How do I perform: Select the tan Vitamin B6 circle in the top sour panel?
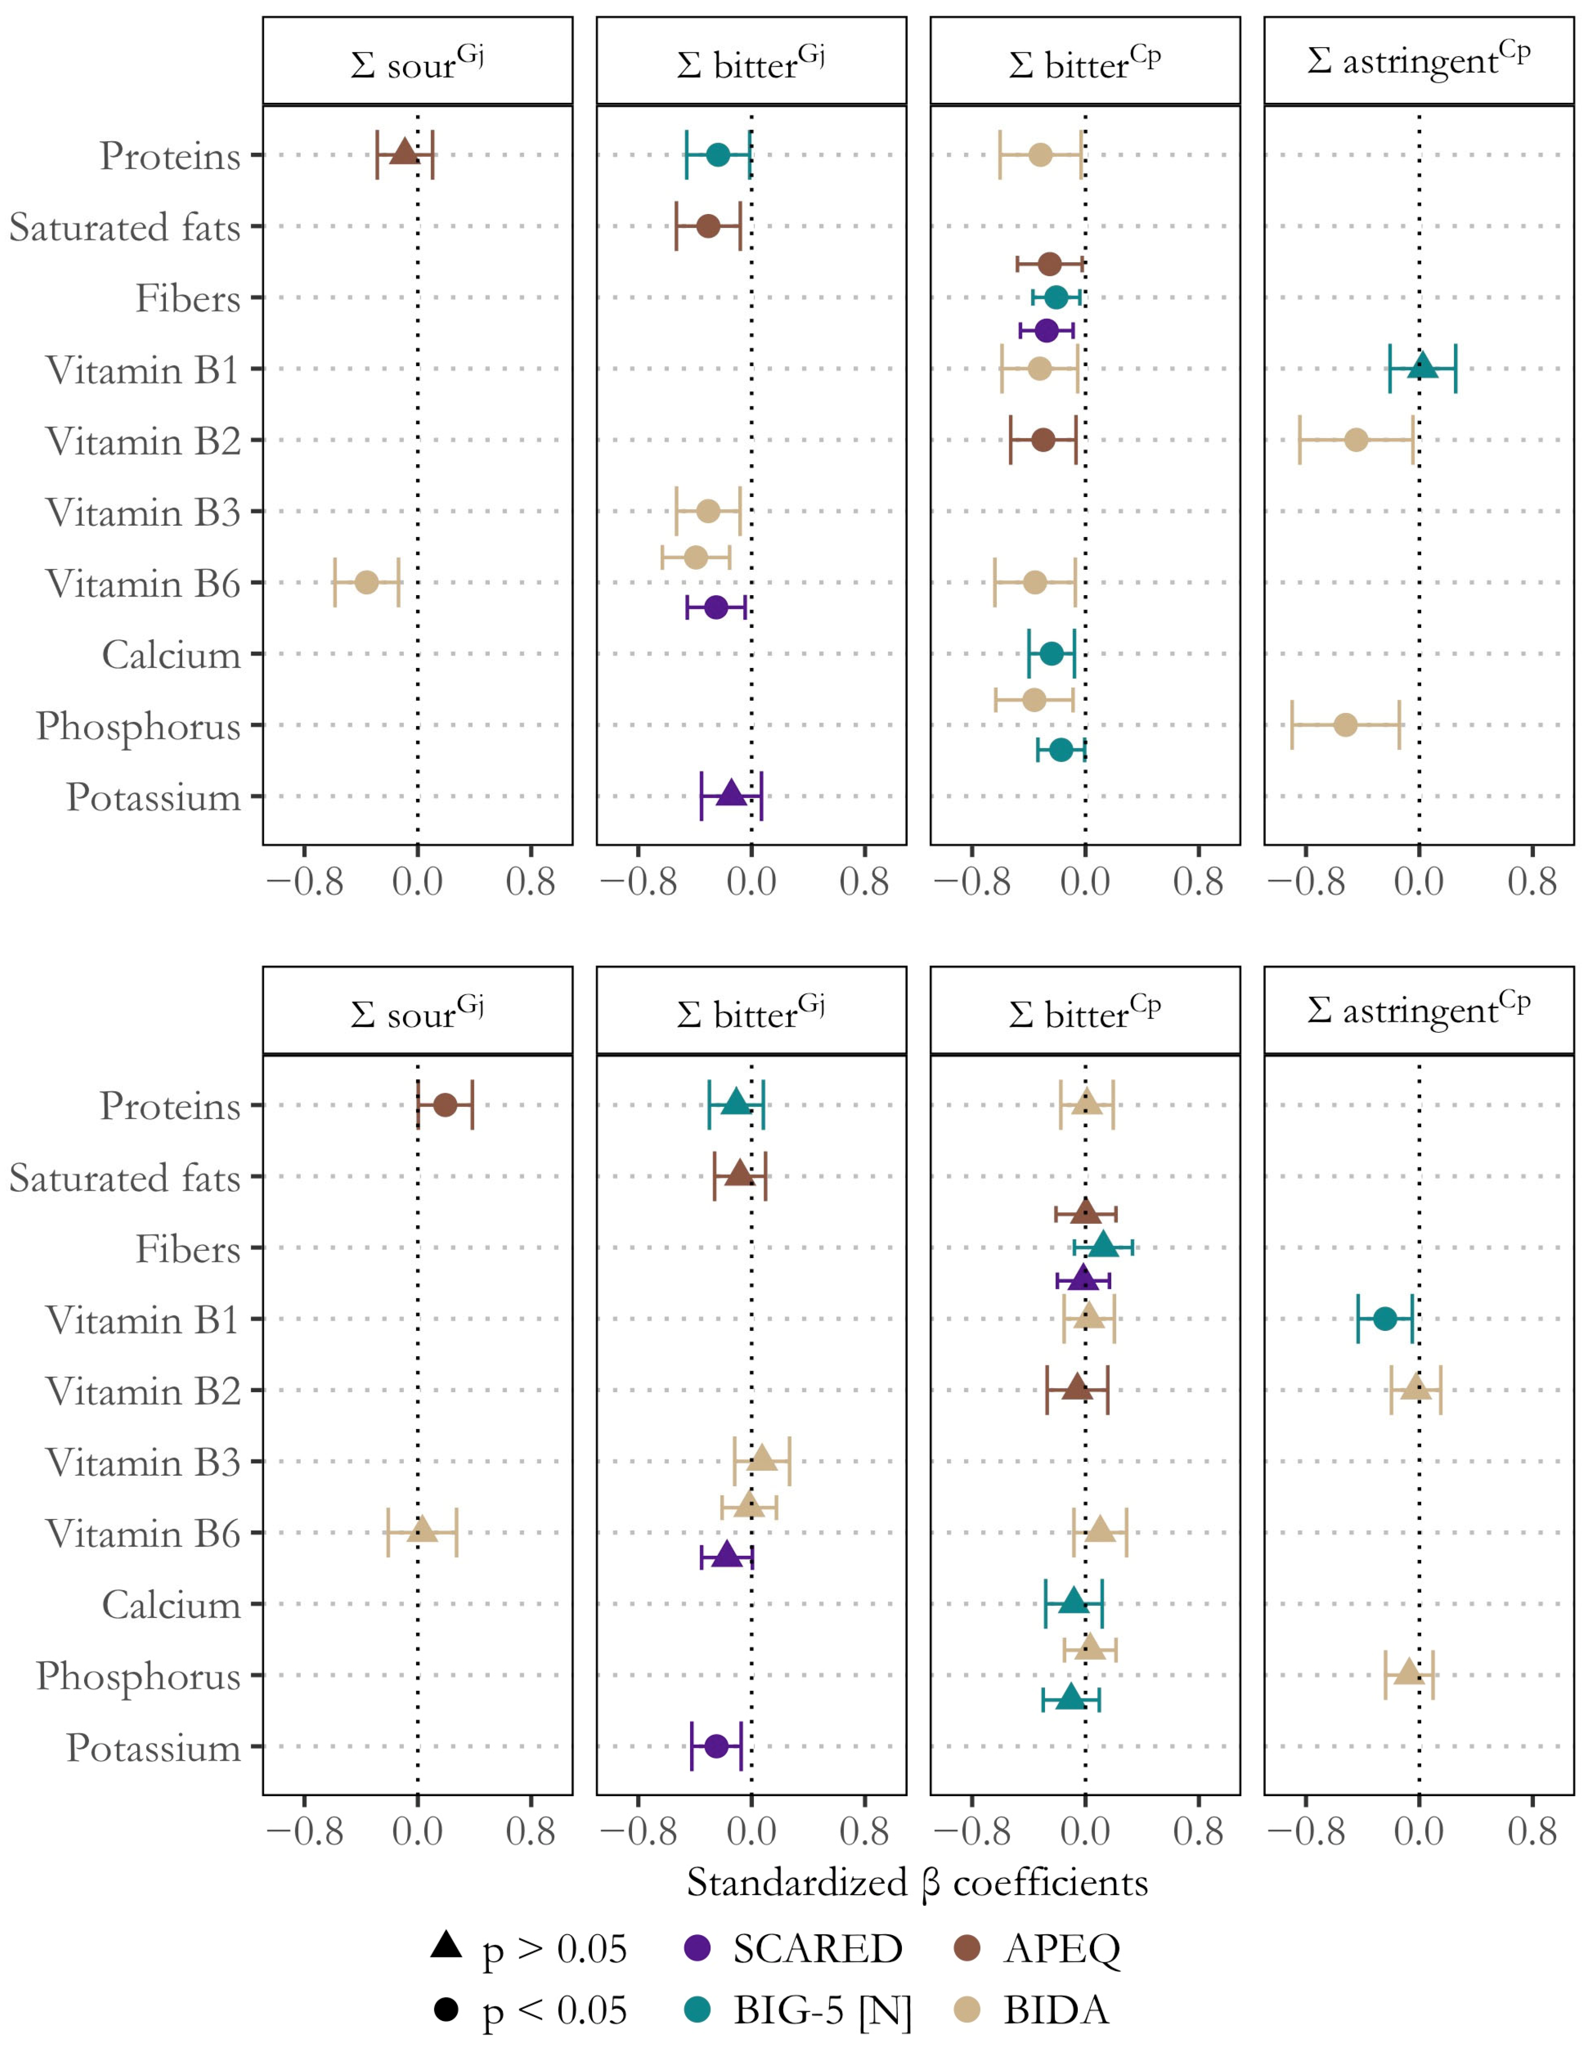[x=366, y=582]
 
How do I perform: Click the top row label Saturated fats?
[x=125, y=227]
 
